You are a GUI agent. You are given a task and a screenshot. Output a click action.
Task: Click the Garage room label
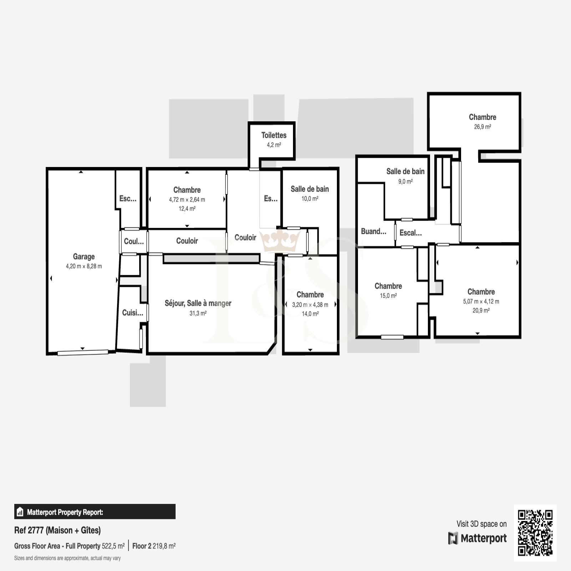point(84,257)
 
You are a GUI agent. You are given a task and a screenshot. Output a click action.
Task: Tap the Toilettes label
point(274,135)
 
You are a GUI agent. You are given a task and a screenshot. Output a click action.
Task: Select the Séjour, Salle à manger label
point(198,303)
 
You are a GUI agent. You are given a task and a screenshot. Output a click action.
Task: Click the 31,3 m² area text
point(198,313)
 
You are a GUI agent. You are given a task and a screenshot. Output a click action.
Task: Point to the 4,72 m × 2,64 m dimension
point(187,199)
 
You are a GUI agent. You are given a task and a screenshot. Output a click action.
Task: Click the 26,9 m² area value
point(482,127)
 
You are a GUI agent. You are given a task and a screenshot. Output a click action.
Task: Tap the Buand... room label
point(374,231)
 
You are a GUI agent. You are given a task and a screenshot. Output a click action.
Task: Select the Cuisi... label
point(133,313)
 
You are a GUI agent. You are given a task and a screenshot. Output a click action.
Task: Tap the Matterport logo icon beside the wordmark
point(453,538)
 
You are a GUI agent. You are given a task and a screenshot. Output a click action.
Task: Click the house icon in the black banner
point(20,512)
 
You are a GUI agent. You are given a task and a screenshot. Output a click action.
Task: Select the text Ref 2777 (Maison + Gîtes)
point(57,530)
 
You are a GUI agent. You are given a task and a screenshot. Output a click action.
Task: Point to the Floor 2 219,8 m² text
point(154,546)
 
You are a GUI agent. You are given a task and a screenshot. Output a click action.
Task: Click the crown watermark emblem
point(280,241)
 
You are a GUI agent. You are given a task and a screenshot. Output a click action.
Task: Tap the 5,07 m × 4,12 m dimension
point(481,302)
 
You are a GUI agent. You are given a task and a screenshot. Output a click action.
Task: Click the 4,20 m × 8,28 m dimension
point(84,266)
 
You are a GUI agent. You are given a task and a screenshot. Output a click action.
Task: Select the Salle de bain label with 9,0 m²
point(405,172)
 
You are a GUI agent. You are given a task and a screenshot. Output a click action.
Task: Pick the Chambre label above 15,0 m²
point(388,286)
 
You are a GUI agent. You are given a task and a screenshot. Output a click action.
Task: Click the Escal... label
point(411,233)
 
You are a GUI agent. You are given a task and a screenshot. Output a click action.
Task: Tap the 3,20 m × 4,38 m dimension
point(310,305)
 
